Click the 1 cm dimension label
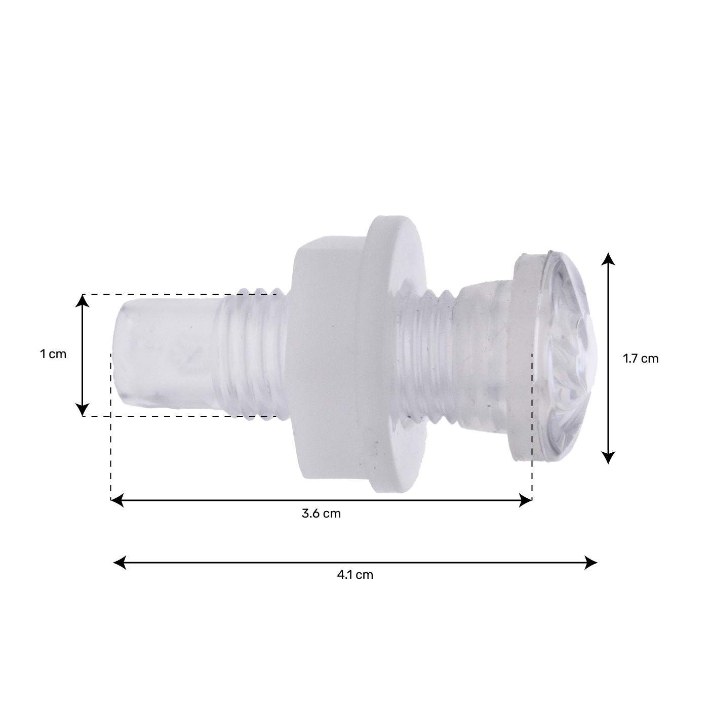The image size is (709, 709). [53, 354]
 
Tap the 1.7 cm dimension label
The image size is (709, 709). [640, 359]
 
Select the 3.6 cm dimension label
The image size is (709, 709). [321, 514]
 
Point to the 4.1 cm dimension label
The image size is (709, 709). [354, 575]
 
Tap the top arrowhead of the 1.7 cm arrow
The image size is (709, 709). [608, 259]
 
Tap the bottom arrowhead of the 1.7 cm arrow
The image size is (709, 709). [608, 457]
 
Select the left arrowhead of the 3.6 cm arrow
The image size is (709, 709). [117, 500]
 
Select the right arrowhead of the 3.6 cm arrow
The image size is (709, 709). [526, 500]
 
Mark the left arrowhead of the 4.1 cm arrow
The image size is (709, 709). [120, 562]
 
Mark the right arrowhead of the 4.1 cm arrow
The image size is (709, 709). [591, 562]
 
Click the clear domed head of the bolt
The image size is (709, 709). [570, 354]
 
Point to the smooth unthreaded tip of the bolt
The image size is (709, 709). [162, 354]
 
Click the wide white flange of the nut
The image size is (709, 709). [392, 354]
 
